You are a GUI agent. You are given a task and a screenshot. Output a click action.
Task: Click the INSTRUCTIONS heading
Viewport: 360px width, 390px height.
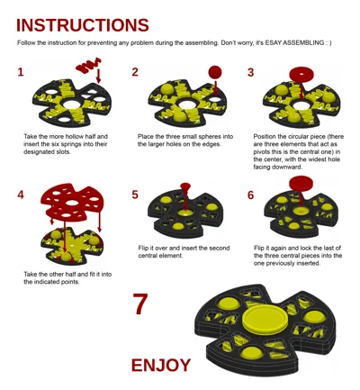[83, 25]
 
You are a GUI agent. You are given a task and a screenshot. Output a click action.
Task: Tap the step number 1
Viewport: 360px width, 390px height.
[21, 72]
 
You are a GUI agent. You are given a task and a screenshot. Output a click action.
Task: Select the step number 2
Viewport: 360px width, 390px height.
[135, 72]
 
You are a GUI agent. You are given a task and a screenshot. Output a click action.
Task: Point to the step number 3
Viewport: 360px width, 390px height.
[250, 72]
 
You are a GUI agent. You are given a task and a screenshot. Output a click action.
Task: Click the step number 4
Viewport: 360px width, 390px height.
[21, 195]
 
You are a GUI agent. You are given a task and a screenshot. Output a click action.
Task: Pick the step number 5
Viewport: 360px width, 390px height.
[135, 195]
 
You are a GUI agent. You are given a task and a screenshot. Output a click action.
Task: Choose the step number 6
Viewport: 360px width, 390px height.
[250, 195]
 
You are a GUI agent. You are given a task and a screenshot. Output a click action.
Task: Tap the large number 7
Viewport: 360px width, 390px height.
[140, 304]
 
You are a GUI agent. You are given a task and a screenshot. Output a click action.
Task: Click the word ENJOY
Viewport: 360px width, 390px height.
[161, 366]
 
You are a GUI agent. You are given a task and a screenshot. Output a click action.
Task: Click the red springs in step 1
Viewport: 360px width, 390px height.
[88, 66]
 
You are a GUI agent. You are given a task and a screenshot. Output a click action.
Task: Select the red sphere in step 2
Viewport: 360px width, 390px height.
[215, 72]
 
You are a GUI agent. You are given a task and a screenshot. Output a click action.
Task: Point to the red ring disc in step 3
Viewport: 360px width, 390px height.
[301, 74]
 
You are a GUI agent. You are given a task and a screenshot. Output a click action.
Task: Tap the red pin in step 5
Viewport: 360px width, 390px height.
[185, 188]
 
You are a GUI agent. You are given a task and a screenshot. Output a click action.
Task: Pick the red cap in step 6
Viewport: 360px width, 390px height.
[301, 184]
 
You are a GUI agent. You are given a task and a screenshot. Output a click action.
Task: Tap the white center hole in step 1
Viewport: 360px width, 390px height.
[71, 104]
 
